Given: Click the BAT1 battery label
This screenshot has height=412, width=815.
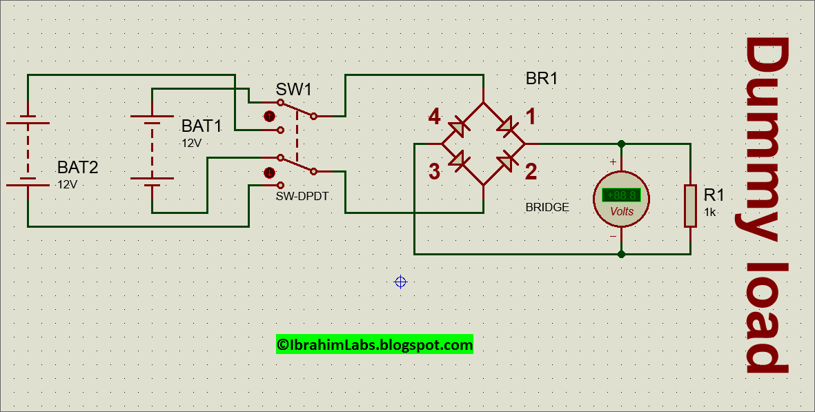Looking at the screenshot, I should pos(201,126).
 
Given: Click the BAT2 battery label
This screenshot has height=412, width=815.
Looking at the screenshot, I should pos(77,167).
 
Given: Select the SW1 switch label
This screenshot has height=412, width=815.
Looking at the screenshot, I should pos(294,90).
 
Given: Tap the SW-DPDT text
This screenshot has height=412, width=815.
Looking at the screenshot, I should pos(302,197).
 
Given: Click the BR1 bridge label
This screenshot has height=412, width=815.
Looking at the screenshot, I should pos(541,79).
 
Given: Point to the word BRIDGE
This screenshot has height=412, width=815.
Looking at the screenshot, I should pos(547,207).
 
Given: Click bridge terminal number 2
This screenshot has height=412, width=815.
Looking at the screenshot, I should pos(531,172).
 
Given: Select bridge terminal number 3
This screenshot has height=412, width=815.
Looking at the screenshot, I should pos(434,172).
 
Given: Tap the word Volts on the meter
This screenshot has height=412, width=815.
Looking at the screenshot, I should pos(621,212).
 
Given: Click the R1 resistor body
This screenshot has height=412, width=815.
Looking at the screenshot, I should pos(690,206).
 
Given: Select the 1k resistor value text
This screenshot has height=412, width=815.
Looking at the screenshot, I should pos(710,213).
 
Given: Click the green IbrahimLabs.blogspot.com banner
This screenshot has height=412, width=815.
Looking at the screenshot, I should pos(375,344).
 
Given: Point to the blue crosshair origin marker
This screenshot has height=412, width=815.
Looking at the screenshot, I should pos(400,282).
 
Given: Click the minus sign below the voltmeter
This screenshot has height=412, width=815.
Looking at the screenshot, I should pos(612,237).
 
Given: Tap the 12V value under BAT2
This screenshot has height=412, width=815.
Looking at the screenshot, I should pos(68,185).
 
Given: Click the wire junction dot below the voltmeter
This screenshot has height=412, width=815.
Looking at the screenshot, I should pos(621,254).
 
